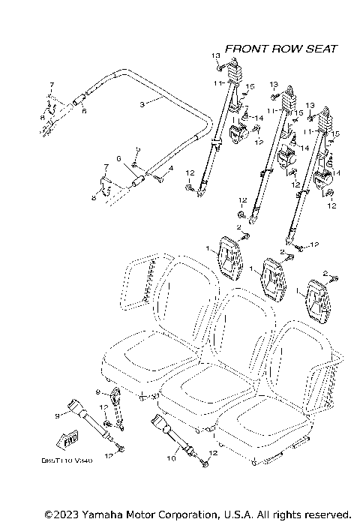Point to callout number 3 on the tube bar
pos(142,104)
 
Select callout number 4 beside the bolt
pos(171,169)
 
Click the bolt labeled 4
pos(158,177)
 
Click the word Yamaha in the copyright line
pos(105,514)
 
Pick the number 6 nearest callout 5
pos(118,158)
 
